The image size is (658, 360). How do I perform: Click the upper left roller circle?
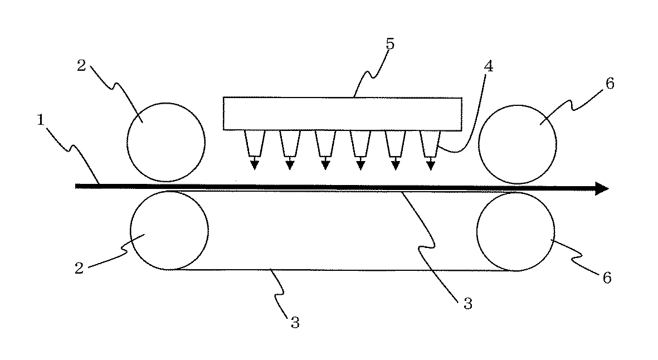coord(165,142)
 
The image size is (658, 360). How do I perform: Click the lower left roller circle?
coord(169,230)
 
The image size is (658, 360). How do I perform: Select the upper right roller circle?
coord(518,144)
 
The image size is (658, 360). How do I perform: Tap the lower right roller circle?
coord(516,232)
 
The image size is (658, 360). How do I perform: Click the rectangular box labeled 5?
coord(342,114)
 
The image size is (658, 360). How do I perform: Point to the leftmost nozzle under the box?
coord(254,143)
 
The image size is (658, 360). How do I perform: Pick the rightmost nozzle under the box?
coord(430,143)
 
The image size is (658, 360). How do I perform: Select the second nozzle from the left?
coord(290,143)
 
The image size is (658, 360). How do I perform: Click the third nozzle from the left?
coord(325,143)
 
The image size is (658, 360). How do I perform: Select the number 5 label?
coord(389,44)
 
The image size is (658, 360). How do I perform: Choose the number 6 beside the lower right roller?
coord(606,278)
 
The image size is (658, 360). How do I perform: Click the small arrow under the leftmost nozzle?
coord(255,164)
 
